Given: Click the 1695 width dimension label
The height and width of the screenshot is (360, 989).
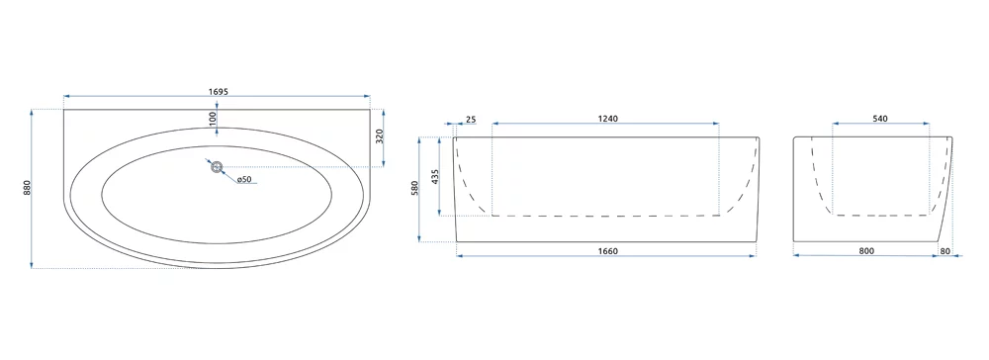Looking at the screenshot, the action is pos(218,91).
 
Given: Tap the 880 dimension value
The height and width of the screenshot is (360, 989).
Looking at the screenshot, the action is pos(27,188).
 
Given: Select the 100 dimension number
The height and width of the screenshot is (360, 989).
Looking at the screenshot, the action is pos(213,118).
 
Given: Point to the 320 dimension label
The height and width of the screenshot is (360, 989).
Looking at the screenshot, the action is pos(380,137).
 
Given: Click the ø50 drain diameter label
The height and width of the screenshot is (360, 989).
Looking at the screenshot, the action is pos(244,180).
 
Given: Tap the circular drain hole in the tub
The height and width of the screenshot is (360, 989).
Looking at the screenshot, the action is pos(217,167).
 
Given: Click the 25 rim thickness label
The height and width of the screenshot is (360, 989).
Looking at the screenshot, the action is pos(471,119).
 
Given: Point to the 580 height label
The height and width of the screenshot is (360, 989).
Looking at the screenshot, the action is pos(415,189).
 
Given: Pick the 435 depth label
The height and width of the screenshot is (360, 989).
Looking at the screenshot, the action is pos(435,176).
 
